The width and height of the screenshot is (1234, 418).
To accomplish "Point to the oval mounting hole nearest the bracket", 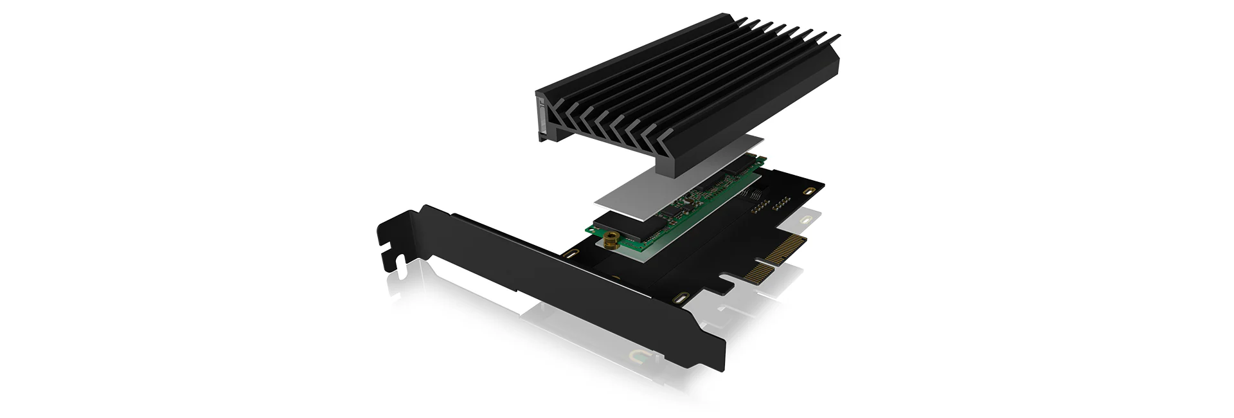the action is (x=569, y=256).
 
